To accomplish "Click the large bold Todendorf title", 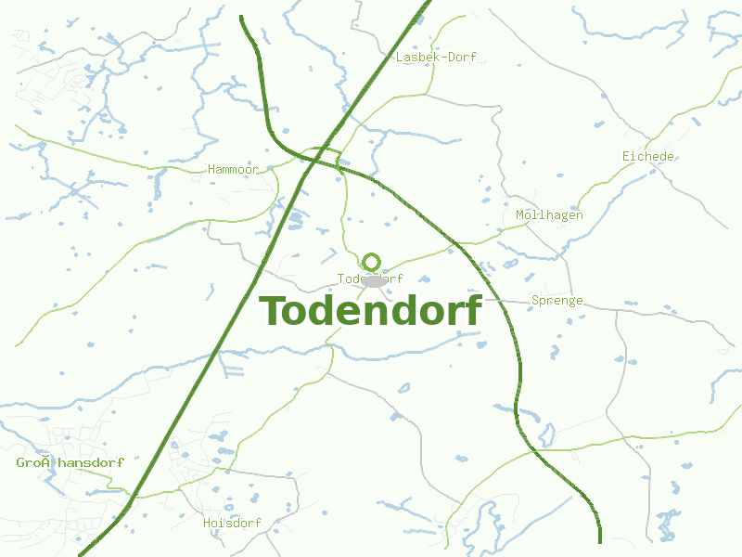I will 370,311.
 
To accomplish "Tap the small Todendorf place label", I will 370,278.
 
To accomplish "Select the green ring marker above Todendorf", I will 372,262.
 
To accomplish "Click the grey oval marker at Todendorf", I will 374,280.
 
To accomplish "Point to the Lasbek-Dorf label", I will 436,58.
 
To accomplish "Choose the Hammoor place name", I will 233,170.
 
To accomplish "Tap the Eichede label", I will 647,157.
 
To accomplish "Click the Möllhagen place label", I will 549,215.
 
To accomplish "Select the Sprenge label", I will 556,301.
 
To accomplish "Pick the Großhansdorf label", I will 70,462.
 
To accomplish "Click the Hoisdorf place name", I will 232,524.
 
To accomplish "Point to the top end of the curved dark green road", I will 241,17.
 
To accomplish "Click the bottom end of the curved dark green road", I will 600,541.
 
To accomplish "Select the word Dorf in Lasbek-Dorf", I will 461,58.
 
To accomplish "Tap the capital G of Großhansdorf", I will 20,462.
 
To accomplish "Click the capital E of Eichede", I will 626,157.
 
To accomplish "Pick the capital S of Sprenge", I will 535,301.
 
